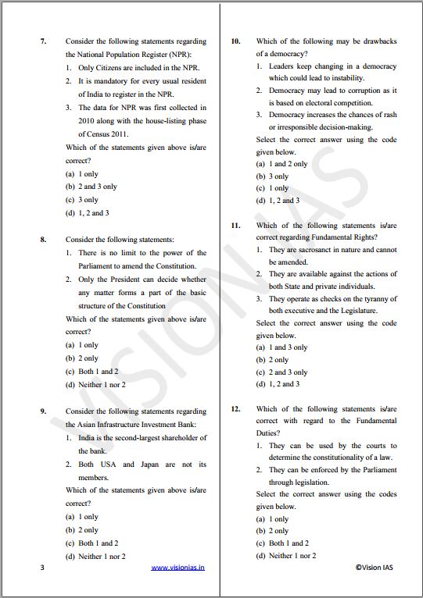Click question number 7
coord(43,41)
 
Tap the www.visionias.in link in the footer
coord(177,568)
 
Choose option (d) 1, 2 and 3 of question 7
coord(88,213)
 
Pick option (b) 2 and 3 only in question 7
coord(91,187)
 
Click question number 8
coord(43,240)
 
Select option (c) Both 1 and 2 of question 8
coord(92,372)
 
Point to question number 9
coord(43,411)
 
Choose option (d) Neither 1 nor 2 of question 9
coord(95,557)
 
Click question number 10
coord(235,41)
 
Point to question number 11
coord(235,225)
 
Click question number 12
coord(235,408)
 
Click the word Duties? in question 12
coord(270,432)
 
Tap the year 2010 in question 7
coord(86,121)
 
